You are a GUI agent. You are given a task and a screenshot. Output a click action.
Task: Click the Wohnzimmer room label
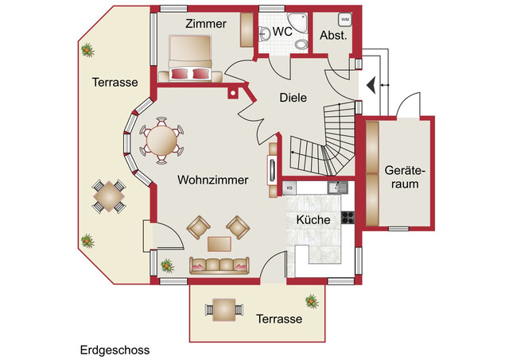(x=212, y=180)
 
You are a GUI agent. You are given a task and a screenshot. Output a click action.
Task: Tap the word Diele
(x=293, y=98)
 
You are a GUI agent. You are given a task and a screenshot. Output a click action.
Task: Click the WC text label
(x=282, y=32)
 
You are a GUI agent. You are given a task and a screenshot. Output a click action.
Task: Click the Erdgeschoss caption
(x=115, y=349)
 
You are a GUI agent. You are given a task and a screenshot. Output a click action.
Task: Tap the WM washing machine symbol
(x=344, y=18)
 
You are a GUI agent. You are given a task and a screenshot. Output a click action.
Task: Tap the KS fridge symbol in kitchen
(x=290, y=188)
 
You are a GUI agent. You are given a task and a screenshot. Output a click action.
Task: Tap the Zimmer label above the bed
(x=205, y=24)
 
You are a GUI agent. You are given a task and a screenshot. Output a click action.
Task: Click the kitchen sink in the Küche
(x=338, y=188)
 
